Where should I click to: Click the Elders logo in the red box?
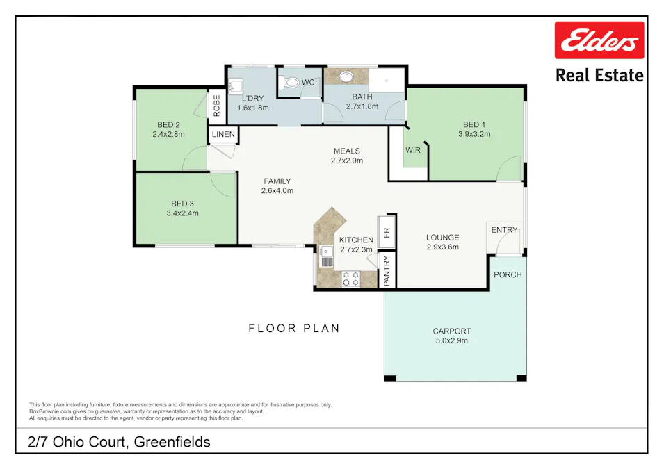599,40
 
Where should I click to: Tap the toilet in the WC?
291,83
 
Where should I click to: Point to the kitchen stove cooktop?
350,279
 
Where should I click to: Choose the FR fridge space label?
387,232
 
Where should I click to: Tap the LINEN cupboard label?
223,134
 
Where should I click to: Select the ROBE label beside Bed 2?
216,105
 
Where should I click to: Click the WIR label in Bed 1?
413,149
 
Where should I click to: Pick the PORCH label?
508,274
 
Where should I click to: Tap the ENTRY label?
504,230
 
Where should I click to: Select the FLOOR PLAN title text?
294,328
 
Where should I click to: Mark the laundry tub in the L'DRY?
236,85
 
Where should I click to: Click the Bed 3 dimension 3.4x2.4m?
182,213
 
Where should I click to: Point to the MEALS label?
346,151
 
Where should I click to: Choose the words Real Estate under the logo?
599,75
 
